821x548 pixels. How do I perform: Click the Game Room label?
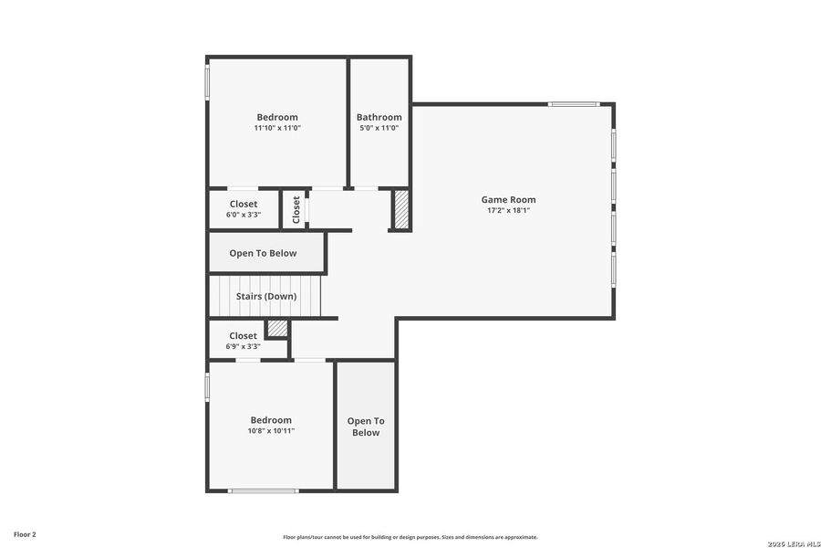click(508, 199)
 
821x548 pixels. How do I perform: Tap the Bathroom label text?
click(379, 117)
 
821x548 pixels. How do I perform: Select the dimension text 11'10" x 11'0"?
click(277, 129)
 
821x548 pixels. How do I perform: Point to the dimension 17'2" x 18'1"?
click(508, 211)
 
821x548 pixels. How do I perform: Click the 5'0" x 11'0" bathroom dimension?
click(379, 129)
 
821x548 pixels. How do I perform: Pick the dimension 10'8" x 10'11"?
click(271, 431)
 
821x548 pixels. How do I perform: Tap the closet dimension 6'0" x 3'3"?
click(244, 216)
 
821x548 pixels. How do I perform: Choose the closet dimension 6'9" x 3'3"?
click(244, 347)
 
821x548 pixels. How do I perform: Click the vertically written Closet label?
click(296, 209)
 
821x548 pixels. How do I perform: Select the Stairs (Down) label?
click(265, 297)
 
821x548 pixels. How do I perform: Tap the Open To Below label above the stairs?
click(263, 253)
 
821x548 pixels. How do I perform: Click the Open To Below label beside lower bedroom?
click(366, 427)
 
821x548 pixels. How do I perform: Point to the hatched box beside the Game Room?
click(400, 210)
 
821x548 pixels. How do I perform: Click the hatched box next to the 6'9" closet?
click(277, 328)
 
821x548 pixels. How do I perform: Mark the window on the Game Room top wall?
click(574, 104)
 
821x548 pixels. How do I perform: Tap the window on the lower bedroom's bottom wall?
click(264, 491)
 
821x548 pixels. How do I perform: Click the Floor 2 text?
click(25, 533)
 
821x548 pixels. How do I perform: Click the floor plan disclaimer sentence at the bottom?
click(410, 537)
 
